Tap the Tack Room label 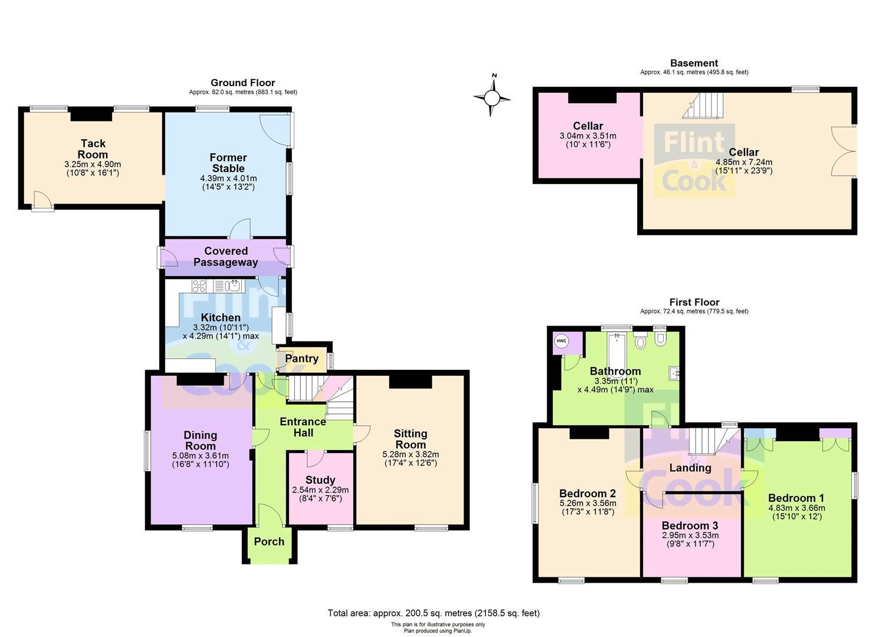pyautogui.click(x=93, y=149)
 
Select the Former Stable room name pyautogui.click(x=228, y=163)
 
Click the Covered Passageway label pyautogui.click(x=226, y=257)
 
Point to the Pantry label pyautogui.click(x=301, y=359)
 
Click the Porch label pyautogui.click(x=269, y=541)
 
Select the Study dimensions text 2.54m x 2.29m pyautogui.click(x=320, y=490)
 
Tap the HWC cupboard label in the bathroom pyautogui.click(x=562, y=341)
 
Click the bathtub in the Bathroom pyautogui.click(x=617, y=349)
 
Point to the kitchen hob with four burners pyautogui.click(x=199, y=286)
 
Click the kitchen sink pyautogui.click(x=234, y=286)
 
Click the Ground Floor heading pyautogui.click(x=242, y=83)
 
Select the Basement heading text pyautogui.click(x=694, y=63)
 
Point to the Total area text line pyautogui.click(x=434, y=613)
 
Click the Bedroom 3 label pyautogui.click(x=690, y=526)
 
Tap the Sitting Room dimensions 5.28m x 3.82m pyautogui.click(x=411, y=455)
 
